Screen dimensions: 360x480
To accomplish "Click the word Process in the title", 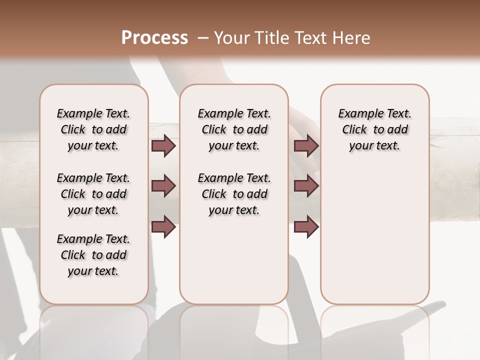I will (154, 38).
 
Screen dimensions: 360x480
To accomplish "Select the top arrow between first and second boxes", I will (163, 146).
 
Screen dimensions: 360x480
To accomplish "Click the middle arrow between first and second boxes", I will (163, 186).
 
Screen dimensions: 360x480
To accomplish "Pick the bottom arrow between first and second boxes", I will (163, 226).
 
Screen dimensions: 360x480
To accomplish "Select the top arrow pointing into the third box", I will (306, 146).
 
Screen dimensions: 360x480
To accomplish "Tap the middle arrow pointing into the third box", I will (306, 186).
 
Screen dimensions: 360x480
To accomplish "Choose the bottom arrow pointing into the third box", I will (306, 226).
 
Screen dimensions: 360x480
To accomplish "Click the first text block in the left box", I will (93, 129).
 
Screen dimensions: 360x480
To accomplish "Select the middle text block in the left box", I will (93, 194).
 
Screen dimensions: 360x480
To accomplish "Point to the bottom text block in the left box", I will (93, 255).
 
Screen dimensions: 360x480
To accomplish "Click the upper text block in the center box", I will (234, 129).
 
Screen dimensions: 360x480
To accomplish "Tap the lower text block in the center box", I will (234, 194).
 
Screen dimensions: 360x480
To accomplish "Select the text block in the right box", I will (374, 129).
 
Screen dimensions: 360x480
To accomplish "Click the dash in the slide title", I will (202, 38).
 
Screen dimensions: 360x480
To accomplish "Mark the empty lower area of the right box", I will (374, 235).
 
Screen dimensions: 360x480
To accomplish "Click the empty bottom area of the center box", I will (234, 265).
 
